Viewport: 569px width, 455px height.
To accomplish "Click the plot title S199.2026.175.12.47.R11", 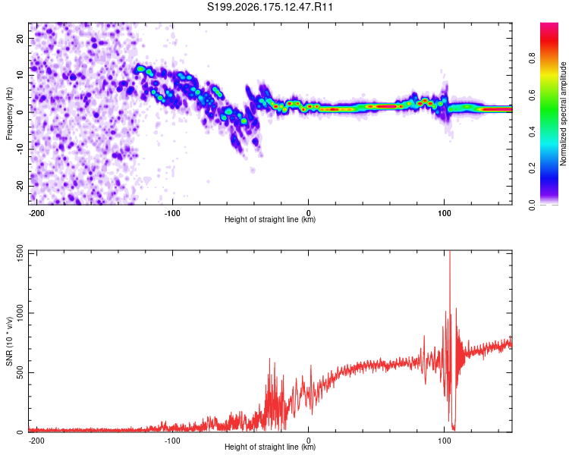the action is coord(270,7).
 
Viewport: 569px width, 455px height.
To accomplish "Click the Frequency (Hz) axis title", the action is coord(9,114).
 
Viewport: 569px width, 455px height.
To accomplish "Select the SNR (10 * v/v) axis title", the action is coord(9,341).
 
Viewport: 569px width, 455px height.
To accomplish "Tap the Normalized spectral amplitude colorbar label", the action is coord(563,113).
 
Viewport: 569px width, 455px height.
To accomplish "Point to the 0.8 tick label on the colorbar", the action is coord(532,58).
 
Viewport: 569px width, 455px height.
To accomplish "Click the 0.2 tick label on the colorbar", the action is coord(532,168).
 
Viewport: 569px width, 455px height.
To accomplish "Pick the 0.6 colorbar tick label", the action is coord(532,95).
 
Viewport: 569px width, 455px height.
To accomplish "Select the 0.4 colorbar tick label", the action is coord(532,132).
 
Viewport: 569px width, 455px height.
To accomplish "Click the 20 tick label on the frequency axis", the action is coord(20,38).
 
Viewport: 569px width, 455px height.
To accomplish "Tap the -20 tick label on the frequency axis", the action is coord(20,186).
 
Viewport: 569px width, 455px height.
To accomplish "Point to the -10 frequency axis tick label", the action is coord(20,149).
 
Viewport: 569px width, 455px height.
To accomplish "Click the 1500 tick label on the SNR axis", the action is coord(20,254).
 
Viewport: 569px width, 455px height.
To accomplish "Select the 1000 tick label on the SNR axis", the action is coord(20,312).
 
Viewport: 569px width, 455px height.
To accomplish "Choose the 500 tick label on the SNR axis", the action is coord(20,372).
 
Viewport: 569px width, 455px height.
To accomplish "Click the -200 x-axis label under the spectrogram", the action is coord(36,213).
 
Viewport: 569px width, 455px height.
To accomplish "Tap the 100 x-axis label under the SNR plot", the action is coord(444,441).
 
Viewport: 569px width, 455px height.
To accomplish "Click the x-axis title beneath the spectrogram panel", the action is coord(270,219).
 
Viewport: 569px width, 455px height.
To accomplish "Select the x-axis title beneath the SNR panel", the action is coord(270,447).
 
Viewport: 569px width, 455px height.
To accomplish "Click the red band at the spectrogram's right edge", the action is coord(496,109).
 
